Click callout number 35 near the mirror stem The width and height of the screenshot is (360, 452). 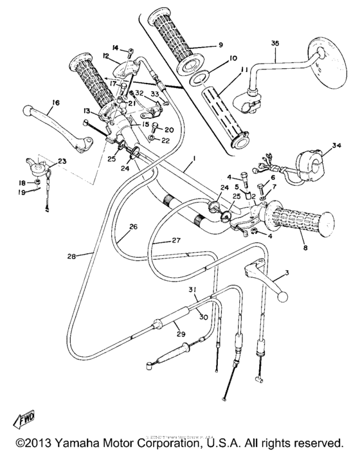click(276, 43)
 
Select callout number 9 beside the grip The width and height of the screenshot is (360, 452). click(220, 46)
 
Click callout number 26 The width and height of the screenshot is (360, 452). click(133, 226)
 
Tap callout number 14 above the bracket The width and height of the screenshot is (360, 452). click(116, 48)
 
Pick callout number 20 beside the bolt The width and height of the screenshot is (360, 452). click(161, 129)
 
